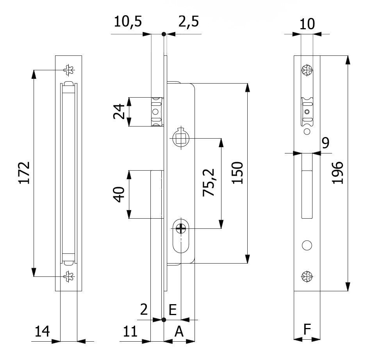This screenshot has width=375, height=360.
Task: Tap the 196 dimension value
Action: [337, 172]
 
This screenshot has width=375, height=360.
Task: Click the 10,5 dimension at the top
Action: [128, 22]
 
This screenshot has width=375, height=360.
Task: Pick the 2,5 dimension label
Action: [188, 22]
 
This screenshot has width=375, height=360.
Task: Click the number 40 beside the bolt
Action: [120, 194]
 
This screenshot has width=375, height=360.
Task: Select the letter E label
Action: [173, 310]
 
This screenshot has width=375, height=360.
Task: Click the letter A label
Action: [179, 331]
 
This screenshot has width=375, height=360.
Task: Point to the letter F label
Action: [307, 330]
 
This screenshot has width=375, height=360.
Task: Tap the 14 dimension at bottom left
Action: [42, 331]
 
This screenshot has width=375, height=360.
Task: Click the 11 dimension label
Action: [130, 331]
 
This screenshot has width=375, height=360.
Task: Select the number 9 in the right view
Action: [325, 143]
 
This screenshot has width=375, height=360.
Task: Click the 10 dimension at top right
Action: [307, 24]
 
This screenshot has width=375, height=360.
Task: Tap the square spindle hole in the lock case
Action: [180, 139]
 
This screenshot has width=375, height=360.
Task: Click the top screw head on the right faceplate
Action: [307, 71]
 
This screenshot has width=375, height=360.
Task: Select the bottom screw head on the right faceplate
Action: [307, 277]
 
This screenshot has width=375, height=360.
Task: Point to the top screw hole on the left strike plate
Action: [70, 70]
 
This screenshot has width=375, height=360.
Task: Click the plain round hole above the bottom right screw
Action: [307, 245]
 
